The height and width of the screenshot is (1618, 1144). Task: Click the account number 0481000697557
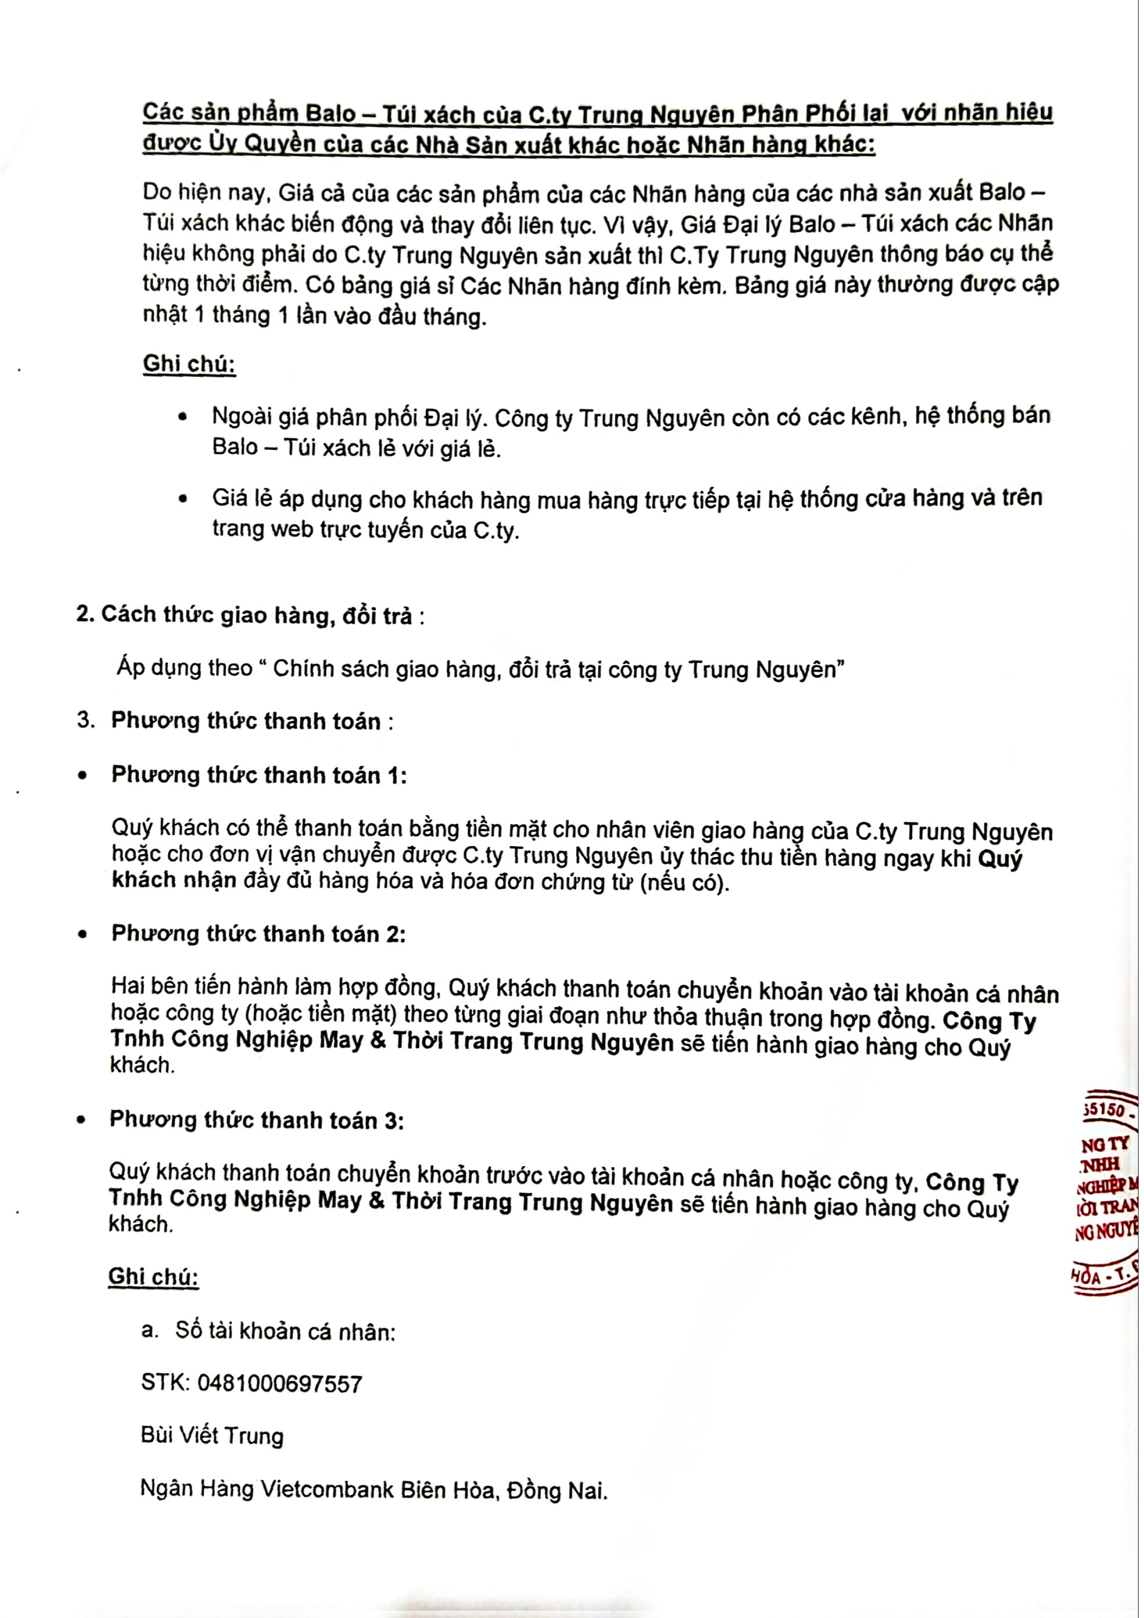click(280, 1383)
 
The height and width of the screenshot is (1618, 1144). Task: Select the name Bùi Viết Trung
click(212, 1435)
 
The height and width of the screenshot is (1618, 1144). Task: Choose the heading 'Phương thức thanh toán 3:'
click(257, 1120)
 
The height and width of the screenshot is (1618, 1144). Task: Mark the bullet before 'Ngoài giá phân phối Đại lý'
click(183, 417)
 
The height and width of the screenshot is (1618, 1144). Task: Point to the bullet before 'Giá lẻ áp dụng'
click(183, 499)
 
